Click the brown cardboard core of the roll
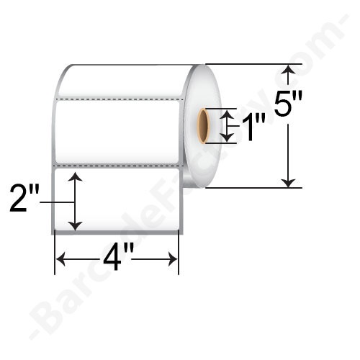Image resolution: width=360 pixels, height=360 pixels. click(203, 125)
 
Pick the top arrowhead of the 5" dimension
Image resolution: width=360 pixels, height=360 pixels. click(289, 68)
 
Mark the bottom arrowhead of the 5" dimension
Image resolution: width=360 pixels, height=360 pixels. click(289, 183)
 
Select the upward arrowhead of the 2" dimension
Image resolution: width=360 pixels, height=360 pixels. click(76, 176)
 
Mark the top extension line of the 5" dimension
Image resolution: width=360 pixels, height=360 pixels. click(252, 64)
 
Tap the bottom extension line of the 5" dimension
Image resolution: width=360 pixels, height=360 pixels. click(252, 188)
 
